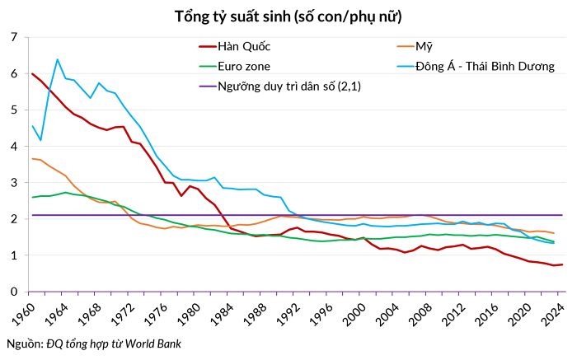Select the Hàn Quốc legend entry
pos(244,46)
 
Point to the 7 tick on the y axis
pos(13,37)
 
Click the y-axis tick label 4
pos(13,147)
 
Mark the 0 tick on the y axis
pos(13,292)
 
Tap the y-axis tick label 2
pos(13,219)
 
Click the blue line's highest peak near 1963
pos(57,59)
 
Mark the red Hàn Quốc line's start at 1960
pos(32,74)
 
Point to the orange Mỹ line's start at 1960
pos(32,159)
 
